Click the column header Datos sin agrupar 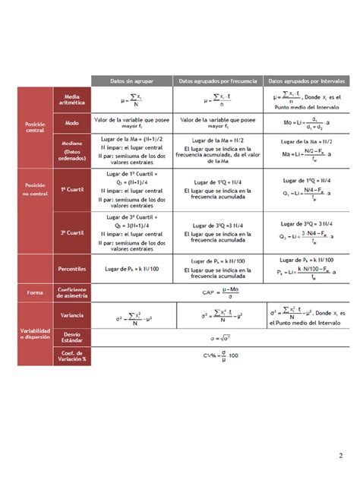[x=131, y=81]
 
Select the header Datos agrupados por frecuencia [x=218, y=81]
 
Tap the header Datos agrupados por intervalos [x=307, y=81]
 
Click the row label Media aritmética [x=72, y=99]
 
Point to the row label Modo [x=72, y=122]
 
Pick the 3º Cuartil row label [x=72, y=233]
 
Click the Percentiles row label [x=72, y=268]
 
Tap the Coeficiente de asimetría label [x=72, y=292]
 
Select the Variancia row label [x=72, y=314]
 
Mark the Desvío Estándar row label [x=72, y=336]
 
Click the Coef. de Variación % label [x=72, y=355]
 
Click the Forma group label [x=35, y=292]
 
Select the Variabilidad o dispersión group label [x=35, y=334]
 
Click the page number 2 [x=341, y=455]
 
